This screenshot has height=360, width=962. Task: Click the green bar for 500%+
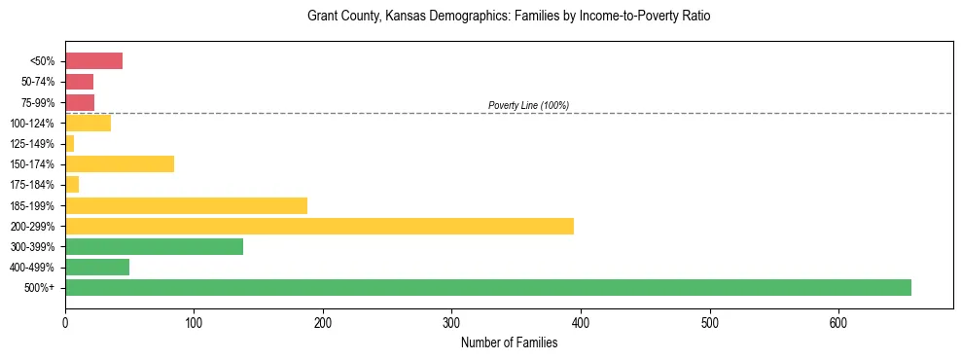487,287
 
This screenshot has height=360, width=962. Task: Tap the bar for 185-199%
186,205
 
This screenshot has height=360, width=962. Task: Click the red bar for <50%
93,61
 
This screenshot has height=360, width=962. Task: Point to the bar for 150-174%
120,163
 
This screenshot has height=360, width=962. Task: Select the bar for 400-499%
97,267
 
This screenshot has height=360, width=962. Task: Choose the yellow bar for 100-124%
88,123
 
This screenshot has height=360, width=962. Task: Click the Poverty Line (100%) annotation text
528,105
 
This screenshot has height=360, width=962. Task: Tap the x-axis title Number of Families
509,342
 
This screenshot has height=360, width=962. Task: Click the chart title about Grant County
509,17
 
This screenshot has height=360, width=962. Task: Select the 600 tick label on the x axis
838,322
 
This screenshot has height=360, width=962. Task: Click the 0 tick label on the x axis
65,322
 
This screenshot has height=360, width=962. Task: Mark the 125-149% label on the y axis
32,144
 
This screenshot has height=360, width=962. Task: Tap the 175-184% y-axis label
32,185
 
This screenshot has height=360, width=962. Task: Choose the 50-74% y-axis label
37,82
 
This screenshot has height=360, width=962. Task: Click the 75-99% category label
37,103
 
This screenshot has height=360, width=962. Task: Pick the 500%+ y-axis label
40,288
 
